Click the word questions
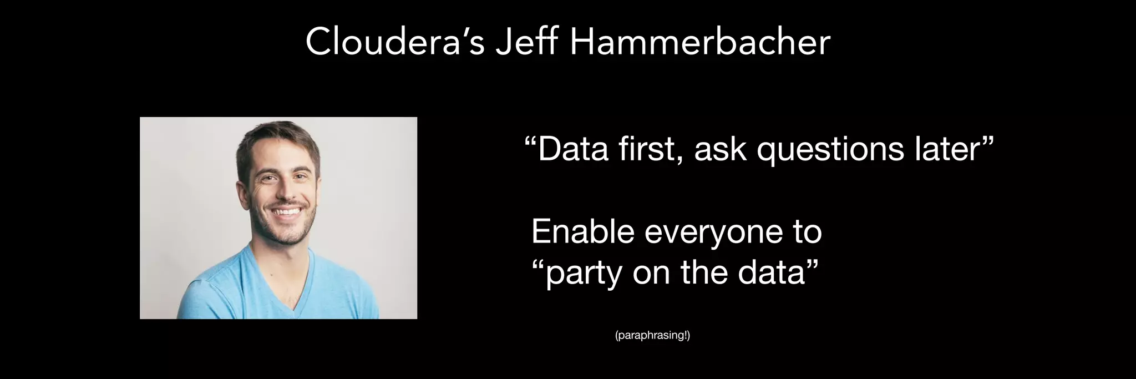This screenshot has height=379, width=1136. pyautogui.click(x=830, y=150)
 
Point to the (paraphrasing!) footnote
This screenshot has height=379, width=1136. pyautogui.click(x=652, y=336)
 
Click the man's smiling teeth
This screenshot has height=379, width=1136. pyautogui.click(x=286, y=211)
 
